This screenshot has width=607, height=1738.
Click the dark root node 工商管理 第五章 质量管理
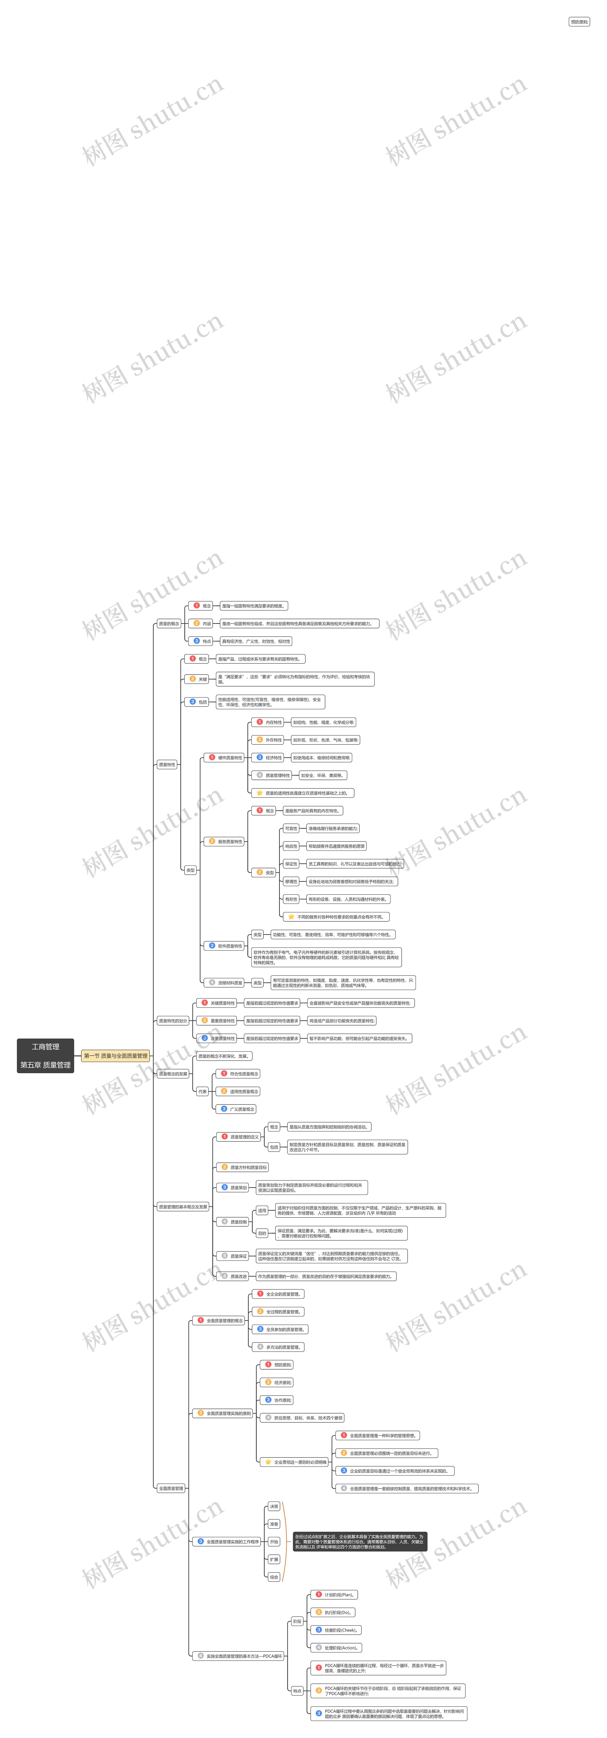click(x=45, y=1055)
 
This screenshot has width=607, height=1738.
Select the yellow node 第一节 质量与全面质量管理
click(x=115, y=1055)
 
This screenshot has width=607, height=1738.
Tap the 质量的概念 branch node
click(x=169, y=623)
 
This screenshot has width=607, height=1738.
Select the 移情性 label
click(x=291, y=881)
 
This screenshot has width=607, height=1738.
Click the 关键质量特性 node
click(x=219, y=1002)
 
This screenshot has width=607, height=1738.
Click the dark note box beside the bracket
click(x=359, y=1541)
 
